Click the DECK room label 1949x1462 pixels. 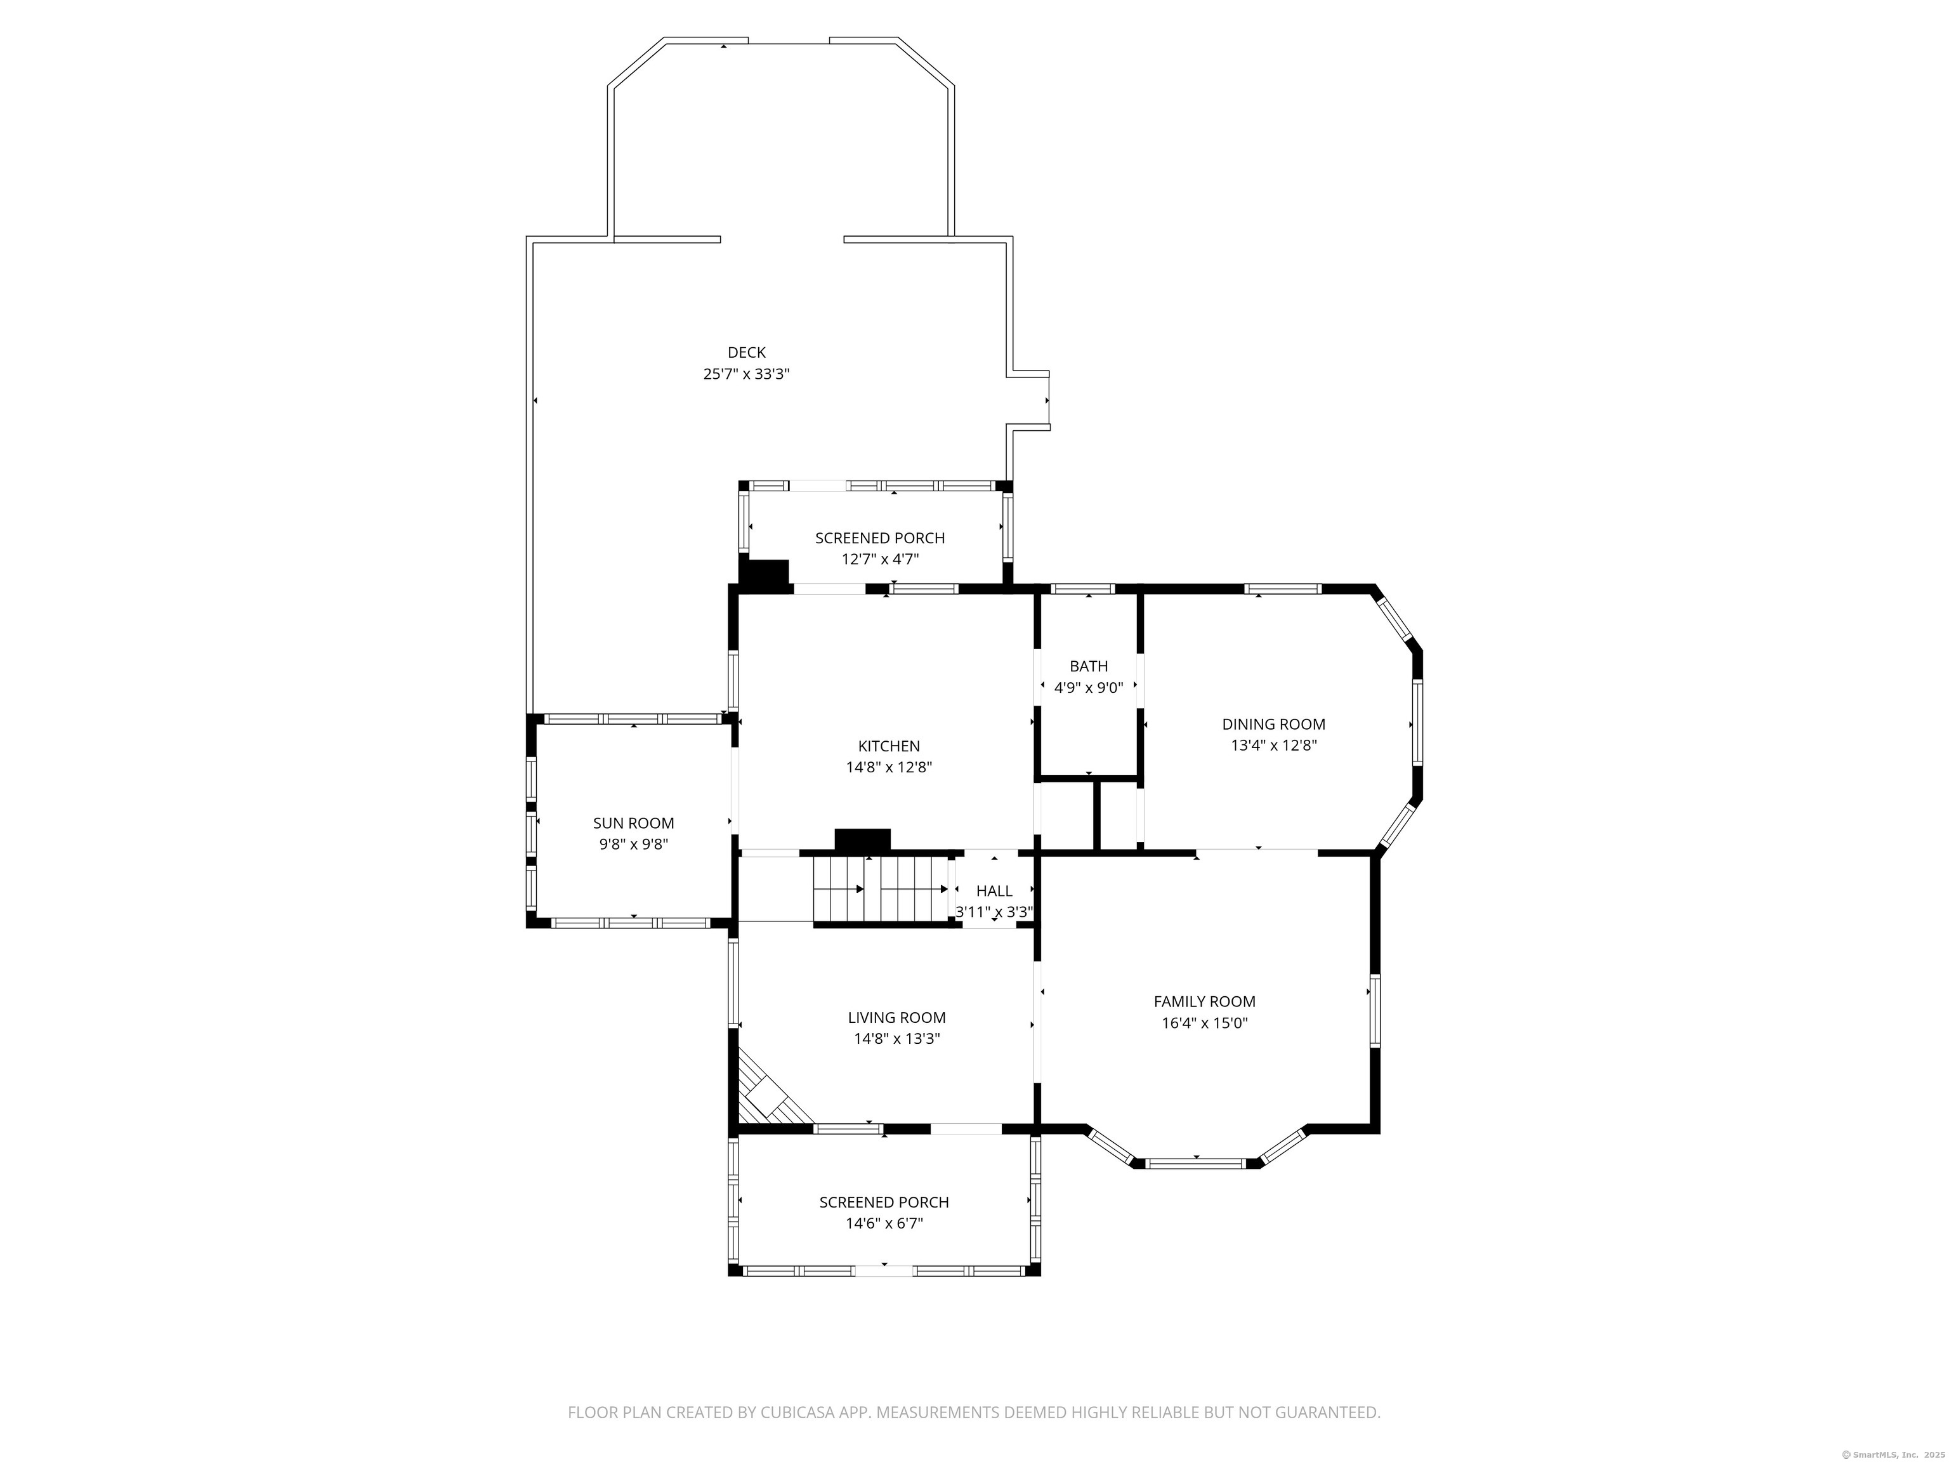click(x=746, y=353)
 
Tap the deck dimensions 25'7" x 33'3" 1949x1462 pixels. click(x=746, y=374)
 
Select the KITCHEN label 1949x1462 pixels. click(x=889, y=746)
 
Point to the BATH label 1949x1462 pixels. click(x=1089, y=666)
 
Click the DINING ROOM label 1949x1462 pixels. click(x=1273, y=725)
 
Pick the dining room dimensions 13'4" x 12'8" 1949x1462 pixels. click(x=1273, y=746)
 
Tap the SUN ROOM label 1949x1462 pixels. click(x=634, y=823)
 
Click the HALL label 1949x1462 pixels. click(x=994, y=891)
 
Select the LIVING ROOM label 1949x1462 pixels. click(x=897, y=1018)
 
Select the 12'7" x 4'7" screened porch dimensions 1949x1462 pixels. click(x=880, y=558)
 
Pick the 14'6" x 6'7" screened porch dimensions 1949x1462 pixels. click(x=884, y=1223)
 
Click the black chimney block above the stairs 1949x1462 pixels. click(x=863, y=840)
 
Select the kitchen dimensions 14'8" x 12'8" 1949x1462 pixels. click(x=889, y=768)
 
